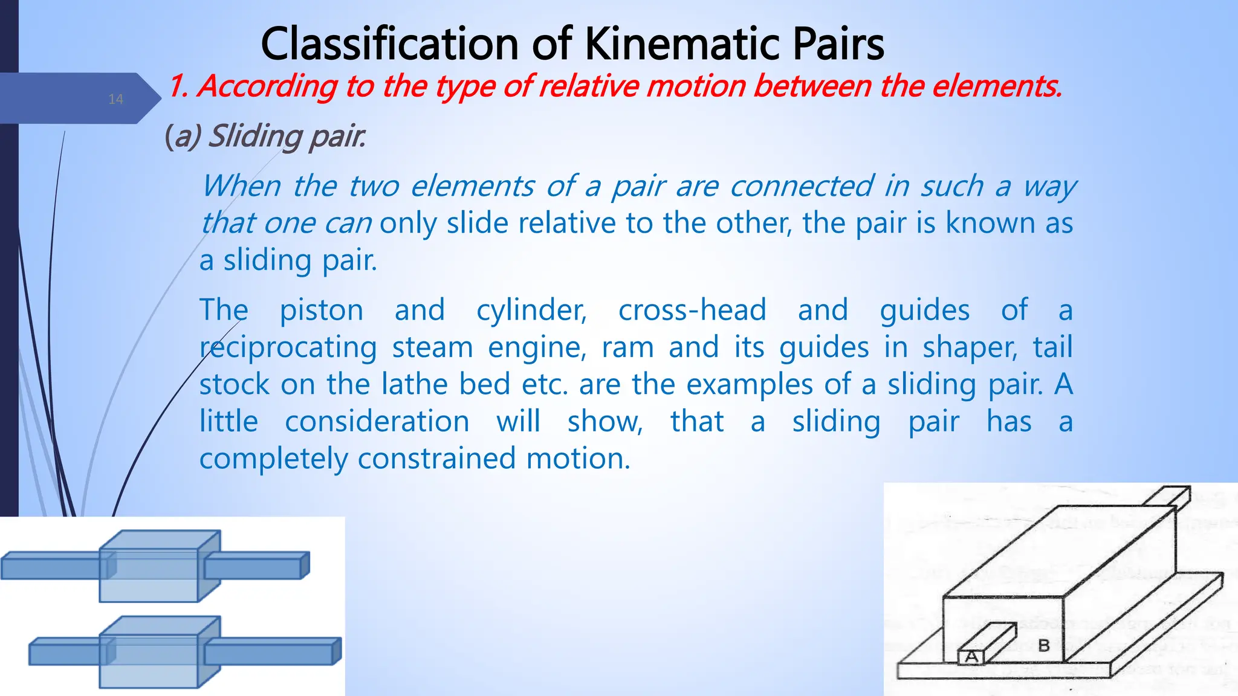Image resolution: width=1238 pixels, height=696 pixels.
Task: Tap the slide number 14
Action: [x=115, y=100]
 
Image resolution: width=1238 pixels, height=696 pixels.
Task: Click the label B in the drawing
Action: [x=1044, y=645]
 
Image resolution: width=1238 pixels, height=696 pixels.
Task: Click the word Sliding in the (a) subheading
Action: [x=254, y=136]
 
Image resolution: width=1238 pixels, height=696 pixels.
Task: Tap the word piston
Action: [x=321, y=310]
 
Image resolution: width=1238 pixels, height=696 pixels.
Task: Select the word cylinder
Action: [x=531, y=311]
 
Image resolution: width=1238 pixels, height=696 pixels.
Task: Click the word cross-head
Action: [x=692, y=310]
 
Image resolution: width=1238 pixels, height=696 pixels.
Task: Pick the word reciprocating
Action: [x=288, y=348]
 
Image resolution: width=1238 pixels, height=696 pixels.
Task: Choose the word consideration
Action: [x=377, y=421]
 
